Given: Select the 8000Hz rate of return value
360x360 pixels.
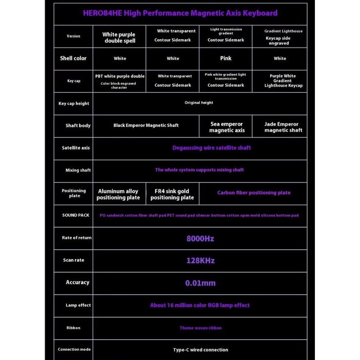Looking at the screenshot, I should pos(200,239).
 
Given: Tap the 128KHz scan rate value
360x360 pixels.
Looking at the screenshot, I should pos(200,260).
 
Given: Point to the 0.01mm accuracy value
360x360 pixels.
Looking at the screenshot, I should pos(200,283).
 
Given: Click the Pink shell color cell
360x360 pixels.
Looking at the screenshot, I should pos(226,58).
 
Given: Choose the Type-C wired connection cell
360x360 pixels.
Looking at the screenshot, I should pos(200,350).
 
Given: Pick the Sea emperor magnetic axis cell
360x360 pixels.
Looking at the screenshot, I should pos(227,127).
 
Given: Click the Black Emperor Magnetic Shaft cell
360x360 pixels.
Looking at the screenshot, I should pos(146,125).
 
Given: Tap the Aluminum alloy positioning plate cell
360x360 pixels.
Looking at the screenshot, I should pos(118,194).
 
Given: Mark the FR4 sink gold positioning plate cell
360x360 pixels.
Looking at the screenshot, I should pos(172,194).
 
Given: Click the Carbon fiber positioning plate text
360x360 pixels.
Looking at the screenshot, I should pos(253,192).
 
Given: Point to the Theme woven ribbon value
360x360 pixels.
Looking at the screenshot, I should pos(200,328).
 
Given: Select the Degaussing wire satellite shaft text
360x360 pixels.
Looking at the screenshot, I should pos(211,148).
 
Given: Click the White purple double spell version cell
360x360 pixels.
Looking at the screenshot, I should pos(119,37).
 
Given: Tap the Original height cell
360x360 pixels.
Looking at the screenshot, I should pos(199,103).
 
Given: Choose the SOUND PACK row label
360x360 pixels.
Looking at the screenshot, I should pos(73,215).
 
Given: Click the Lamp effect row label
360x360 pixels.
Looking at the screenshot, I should pos(78,305).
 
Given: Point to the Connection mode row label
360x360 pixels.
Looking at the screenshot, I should pos(74,350).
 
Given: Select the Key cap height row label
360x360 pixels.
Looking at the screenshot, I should pos(73,103).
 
